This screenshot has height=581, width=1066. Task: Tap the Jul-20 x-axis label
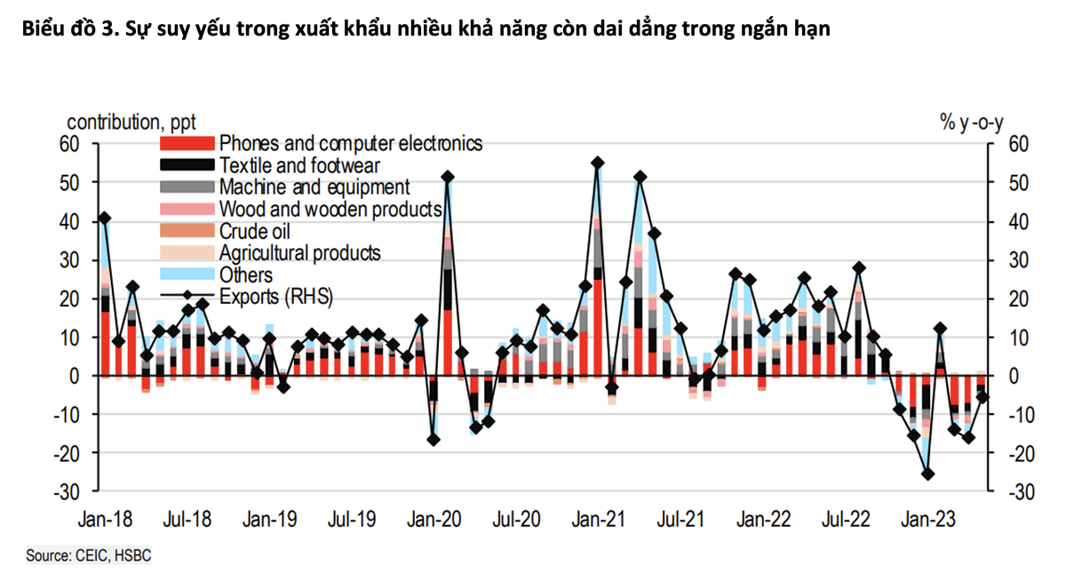point(517,518)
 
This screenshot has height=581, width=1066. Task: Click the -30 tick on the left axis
point(68,491)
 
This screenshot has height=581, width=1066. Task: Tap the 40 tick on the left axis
point(69,221)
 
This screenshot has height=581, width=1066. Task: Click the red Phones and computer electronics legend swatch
point(187,144)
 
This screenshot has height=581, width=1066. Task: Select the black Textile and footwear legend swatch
point(187,165)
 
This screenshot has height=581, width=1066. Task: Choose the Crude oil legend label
point(255,231)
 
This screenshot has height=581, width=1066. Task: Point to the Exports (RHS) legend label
point(276,297)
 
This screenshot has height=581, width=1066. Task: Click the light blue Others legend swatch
point(187,275)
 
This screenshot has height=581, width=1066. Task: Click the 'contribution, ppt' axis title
point(132,122)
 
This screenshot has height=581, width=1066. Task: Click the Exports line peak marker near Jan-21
point(597,163)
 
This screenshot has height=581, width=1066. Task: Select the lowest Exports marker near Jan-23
point(927,474)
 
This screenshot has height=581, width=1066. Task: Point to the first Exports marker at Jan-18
point(105,218)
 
